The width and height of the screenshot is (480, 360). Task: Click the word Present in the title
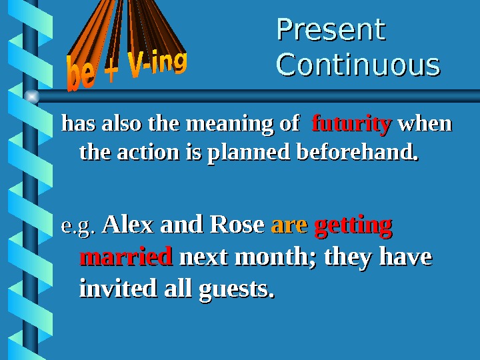tap(331, 30)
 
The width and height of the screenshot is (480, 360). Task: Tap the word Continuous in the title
tap(358, 65)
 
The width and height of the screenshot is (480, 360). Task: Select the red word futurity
tap(351, 124)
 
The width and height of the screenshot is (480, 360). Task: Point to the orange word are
tap(289, 225)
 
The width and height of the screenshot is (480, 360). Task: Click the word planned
tap(250, 154)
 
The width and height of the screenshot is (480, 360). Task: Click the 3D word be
tap(81, 75)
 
